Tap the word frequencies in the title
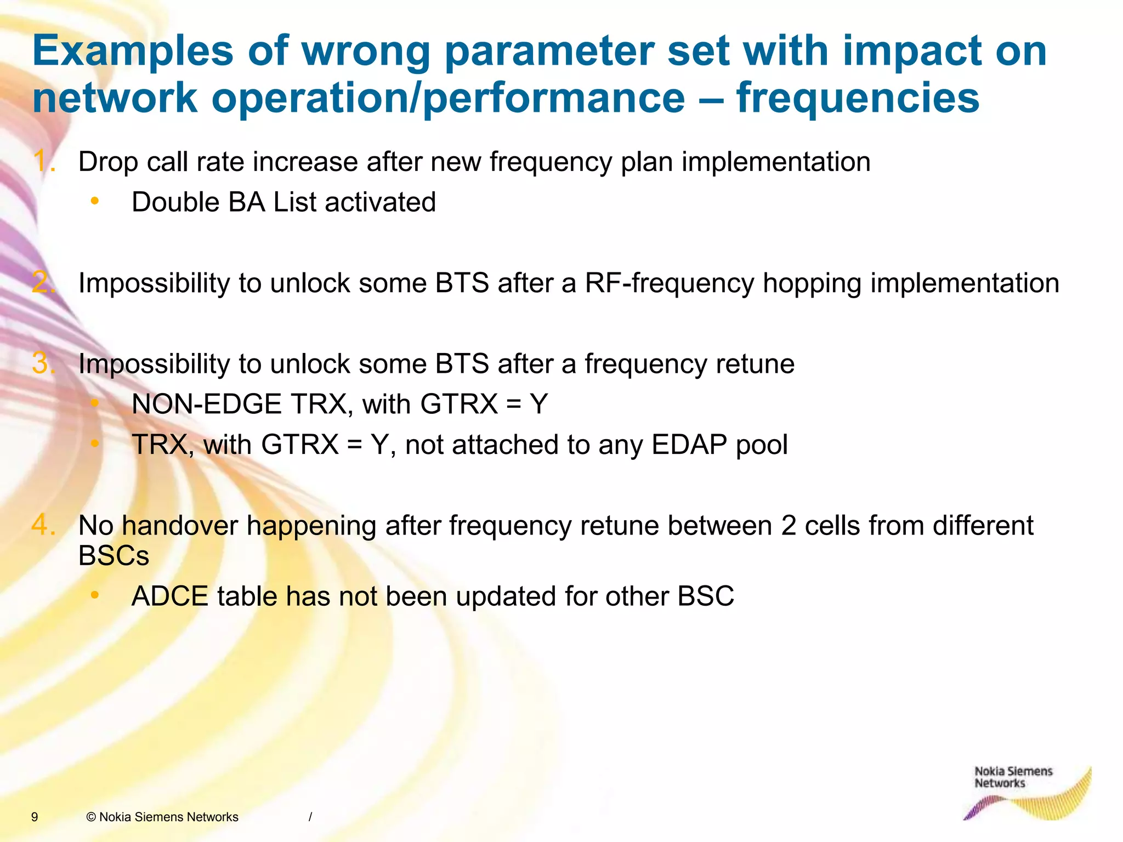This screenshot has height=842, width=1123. (x=858, y=98)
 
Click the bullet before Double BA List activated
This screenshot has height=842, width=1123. (x=95, y=202)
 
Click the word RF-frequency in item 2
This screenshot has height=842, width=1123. (x=670, y=283)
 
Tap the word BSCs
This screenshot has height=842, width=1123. (x=114, y=556)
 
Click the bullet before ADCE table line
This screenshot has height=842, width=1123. (x=95, y=595)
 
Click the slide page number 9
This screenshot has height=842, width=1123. (x=35, y=817)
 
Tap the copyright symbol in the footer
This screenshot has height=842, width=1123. (x=91, y=817)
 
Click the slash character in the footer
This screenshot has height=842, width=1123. (x=310, y=817)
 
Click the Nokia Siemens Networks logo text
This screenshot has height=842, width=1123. (x=1013, y=777)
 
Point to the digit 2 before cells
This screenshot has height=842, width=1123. (x=789, y=526)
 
